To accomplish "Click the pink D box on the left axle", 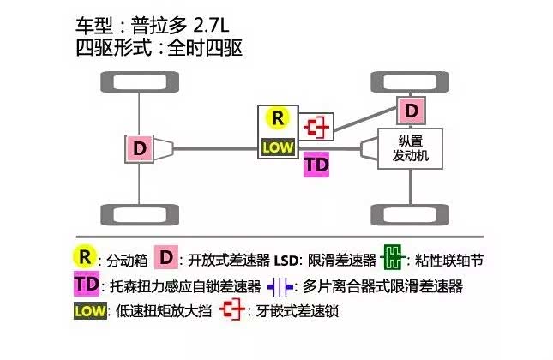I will [x=139, y=147].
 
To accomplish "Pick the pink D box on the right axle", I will [x=412, y=111].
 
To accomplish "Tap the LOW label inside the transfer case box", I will [x=278, y=147].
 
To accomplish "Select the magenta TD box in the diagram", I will [x=316, y=165].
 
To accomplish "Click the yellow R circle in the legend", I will [x=83, y=257].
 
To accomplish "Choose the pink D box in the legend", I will [x=168, y=257].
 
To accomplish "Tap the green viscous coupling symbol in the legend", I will [x=394, y=257].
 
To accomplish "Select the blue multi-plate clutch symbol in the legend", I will [x=280, y=285].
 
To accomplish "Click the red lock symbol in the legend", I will [x=231, y=311].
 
